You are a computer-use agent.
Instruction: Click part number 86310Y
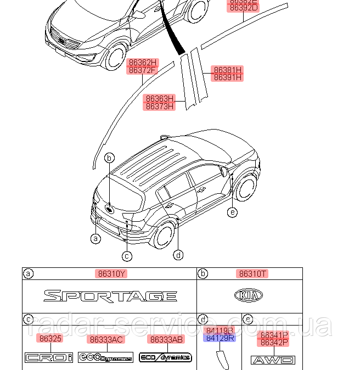tap(112, 273)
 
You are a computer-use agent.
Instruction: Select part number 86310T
tap(252, 273)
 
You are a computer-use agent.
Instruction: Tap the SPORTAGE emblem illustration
tap(110, 296)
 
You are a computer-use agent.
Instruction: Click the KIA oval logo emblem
tap(249, 296)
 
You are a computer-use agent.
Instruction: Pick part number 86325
tap(49, 339)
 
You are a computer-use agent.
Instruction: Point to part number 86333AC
tap(106, 339)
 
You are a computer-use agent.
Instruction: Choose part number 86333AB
tap(167, 339)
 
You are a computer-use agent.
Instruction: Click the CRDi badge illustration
tap(49, 358)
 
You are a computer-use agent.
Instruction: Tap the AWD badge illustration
tap(273, 360)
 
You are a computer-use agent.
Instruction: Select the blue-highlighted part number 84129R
tap(219, 338)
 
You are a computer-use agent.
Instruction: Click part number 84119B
tap(219, 330)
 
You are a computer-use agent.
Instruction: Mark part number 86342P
tap(274, 343)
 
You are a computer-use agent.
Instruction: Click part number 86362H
tap(143, 63)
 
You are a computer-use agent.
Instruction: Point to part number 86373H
tap(160, 106)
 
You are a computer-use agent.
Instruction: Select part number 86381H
tap(228, 70)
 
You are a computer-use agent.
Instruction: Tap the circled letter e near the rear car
tap(233, 212)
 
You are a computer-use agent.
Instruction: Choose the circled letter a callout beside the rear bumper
tap(96, 238)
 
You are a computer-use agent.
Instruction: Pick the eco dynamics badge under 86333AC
tap(105, 357)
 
